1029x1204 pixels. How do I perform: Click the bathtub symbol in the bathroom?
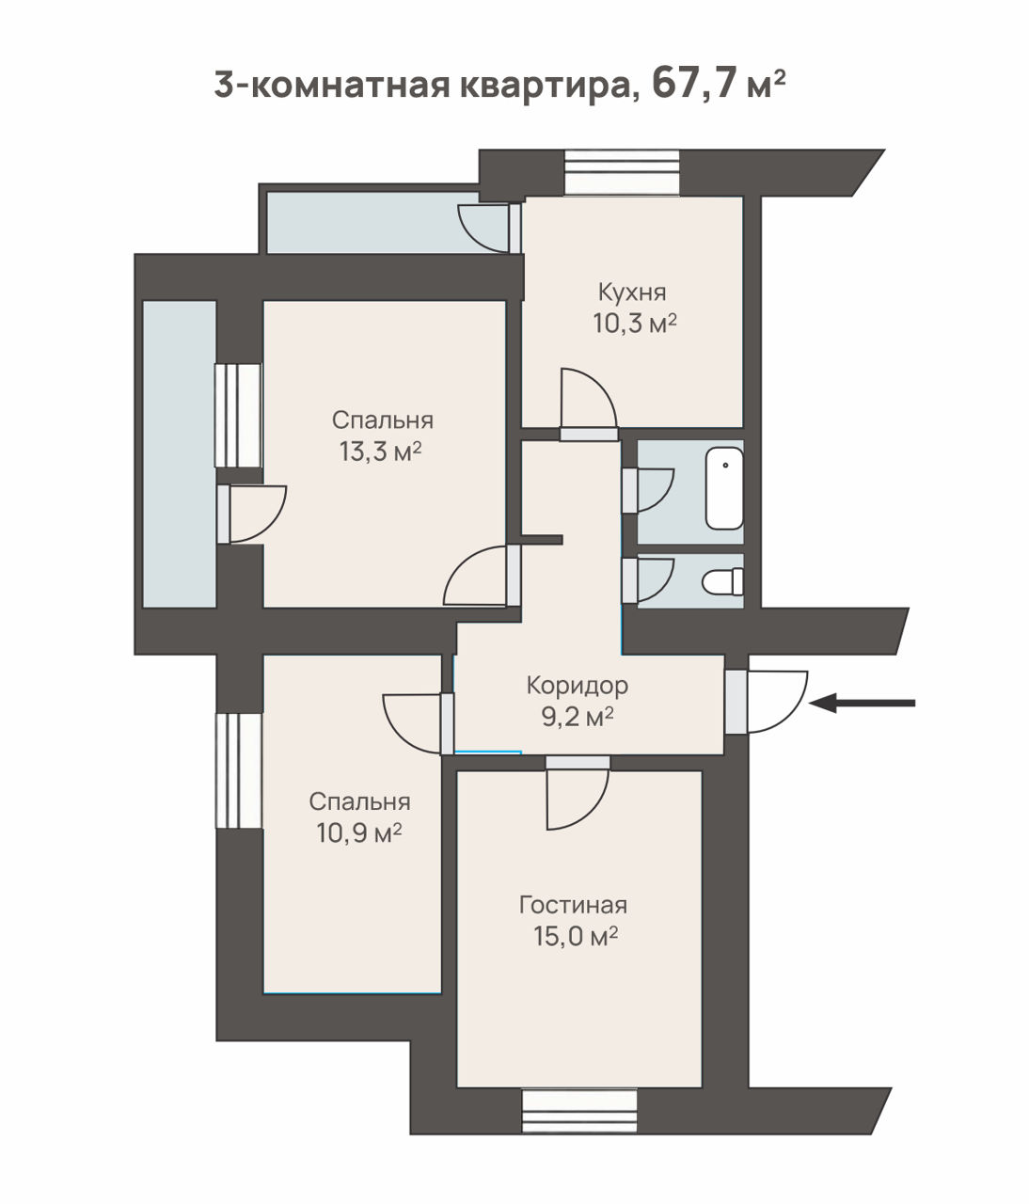724,488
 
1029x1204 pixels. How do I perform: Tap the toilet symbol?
722,581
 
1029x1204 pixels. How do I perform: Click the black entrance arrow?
862,703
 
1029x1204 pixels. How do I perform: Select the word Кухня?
632,292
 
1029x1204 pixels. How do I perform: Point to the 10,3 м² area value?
635,323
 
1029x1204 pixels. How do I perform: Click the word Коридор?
578,686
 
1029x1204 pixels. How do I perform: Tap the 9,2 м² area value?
578,717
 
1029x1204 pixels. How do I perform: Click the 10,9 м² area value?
358,832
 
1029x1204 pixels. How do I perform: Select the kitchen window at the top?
622,172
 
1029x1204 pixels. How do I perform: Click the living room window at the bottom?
578,1112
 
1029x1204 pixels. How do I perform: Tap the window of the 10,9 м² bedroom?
239,770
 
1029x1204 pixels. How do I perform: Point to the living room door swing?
578,799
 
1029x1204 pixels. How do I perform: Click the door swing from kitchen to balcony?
483,229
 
